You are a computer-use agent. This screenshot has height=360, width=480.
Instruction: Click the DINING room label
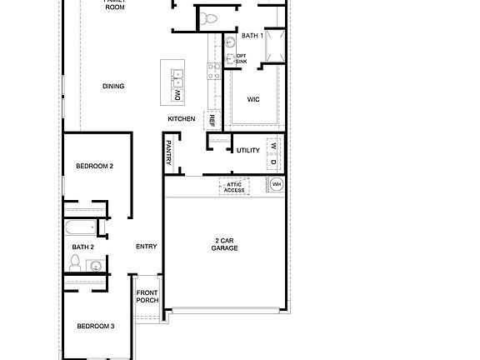(x=114, y=85)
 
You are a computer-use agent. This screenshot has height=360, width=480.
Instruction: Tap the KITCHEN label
(x=181, y=119)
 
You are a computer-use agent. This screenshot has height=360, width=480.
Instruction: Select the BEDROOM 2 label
(x=94, y=166)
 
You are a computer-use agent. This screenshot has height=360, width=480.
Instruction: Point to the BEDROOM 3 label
(x=95, y=326)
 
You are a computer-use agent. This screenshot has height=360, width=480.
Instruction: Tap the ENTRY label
(x=147, y=246)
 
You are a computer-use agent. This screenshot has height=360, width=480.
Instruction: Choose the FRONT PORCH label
(x=147, y=296)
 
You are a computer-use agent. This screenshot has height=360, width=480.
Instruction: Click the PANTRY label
(x=168, y=154)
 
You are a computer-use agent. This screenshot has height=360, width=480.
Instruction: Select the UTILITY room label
(x=248, y=151)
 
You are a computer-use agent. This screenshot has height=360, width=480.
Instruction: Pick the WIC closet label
(x=254, y=99)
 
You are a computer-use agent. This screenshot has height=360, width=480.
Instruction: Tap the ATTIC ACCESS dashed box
(x=235, y=187)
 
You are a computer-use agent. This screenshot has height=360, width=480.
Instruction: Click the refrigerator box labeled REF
(x=212, y=121)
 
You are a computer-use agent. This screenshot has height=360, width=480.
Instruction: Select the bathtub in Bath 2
(x=82, y=227)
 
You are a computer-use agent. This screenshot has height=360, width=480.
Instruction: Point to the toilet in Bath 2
(x=75, y=264)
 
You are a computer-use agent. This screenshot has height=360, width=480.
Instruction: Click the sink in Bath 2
(x=96, y=267)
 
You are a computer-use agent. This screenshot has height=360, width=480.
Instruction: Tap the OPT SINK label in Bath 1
(x=241, y=59)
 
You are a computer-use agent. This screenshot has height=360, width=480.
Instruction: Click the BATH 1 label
(x=252, y=37)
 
